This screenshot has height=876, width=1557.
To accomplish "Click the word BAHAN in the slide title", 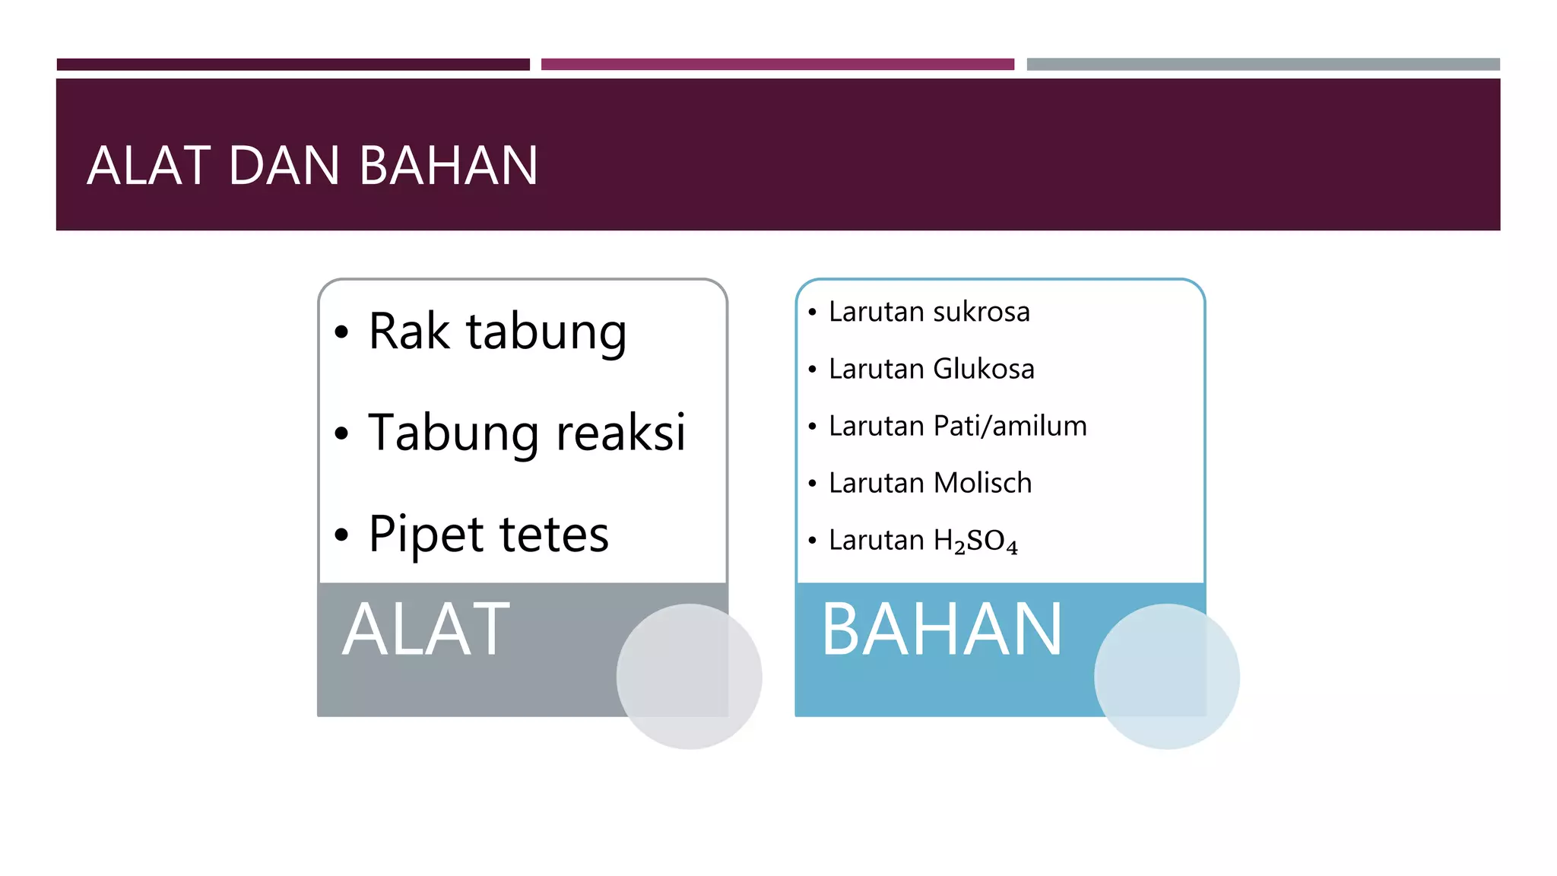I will (x=449, y=166).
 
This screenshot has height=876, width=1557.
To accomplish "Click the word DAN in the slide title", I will (x=284, y=166).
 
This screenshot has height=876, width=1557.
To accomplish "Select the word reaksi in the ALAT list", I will (x=620, y=433).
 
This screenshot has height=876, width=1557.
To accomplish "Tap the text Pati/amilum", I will (x=1010, y=427).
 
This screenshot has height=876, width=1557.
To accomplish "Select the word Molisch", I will (x=982, y=484).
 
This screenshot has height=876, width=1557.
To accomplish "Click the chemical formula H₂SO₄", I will (x=975, y=541).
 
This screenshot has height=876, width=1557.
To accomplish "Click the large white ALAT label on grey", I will (x=426, y=630).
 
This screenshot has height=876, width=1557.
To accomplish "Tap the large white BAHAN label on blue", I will (x=941, y=630).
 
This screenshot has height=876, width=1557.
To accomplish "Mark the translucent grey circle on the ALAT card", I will (x=689, y=676).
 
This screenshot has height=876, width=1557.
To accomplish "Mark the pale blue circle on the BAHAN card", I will (x=1166, y=676).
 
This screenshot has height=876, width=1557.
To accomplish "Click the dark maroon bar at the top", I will (x=293, y=65).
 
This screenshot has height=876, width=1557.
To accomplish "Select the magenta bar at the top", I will (x=777, y=65).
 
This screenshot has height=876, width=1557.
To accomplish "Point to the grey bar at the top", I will (x=1263, y=65).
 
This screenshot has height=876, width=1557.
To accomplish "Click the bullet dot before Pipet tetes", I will (x=341, y=535).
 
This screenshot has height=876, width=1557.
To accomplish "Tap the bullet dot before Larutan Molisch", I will (x=812, y=484).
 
